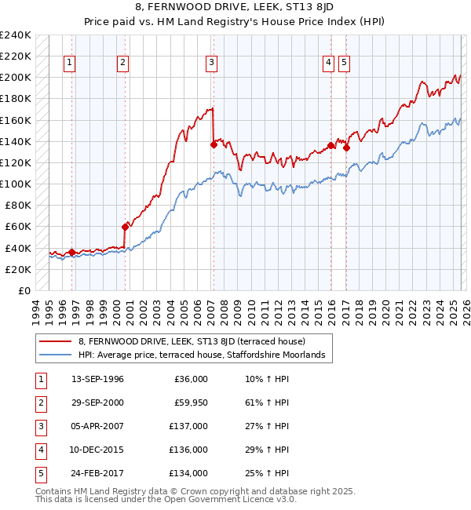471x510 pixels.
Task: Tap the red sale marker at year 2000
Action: (x=125, y=227)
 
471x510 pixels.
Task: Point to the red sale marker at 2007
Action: (x=214, y=144)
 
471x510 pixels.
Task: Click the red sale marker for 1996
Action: (x=71, y=252)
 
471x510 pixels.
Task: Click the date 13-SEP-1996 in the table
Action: (x=97, y=379)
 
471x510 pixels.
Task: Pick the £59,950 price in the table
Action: (x=190, y=403)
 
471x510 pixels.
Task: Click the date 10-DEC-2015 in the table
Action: (x=97, y=450)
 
